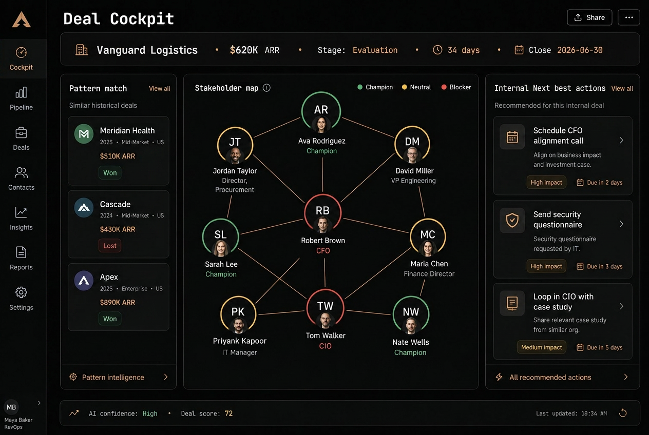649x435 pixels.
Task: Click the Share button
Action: pyautogui.click(x=589, y=17)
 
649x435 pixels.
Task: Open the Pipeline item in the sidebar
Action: pyautogui.click(x=21, y=98)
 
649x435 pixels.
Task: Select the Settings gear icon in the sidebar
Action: pyautogui.click(x=21, y=292)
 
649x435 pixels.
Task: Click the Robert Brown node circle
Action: pyautogui.click(x=323, y=213)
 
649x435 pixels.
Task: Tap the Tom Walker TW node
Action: pyautogui.click(x=325, y=308)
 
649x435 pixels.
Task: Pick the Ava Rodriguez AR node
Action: pyautogui.click(x=321, y=111)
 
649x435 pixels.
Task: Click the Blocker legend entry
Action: pyautogui.click(x=456, y=87)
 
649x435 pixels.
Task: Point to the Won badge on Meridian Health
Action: pyautogui.click(x=110, y=173)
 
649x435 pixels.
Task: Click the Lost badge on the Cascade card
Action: pyautogui.click(x=110, y=246)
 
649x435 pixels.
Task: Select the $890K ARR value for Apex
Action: pyautogui.click(x=118, y=303)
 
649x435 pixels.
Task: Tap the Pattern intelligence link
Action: pyautogui.click(x=113, y=377)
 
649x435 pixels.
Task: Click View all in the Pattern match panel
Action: pyautogui.click(x=159, y=89)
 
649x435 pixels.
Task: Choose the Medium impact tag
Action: pyautogui.click(x=542, y=347)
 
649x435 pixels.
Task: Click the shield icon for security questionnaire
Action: pyautogui.click(x=512, y=221)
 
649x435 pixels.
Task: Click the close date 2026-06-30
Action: pyautogui.click(x=580, y=50)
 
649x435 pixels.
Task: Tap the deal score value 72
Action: pyautogui.click(x=228, y=413)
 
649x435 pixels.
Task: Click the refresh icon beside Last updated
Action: pyautogui.click(x=623, y=413)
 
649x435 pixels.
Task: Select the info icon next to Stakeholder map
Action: pyautogui.click(x=266, y=88)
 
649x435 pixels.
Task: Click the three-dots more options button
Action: pyautogui.click(x=628, y=17)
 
